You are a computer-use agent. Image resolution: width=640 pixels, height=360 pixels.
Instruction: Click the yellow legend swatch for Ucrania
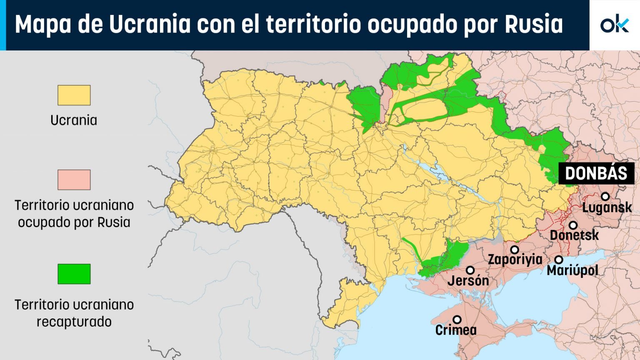pyautogui.click(x=74, y=95)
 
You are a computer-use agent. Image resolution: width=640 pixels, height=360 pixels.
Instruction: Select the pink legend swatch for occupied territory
pyautogui.click(x=74, y=180)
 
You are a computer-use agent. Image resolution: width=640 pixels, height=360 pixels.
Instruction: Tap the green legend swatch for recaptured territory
pyautogui.click(x=74, y=274)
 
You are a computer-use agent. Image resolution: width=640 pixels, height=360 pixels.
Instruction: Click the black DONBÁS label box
pyautogui.click(x=596, y=173)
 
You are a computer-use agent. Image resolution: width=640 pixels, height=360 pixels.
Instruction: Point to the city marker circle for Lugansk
pyautogui.click(x=605, y=196)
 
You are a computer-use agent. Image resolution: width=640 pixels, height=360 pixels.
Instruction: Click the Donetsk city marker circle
pyautogui.click(x=573, y=225)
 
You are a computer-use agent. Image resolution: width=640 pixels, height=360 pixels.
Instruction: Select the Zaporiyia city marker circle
pyautogui.click(x=515, y=250)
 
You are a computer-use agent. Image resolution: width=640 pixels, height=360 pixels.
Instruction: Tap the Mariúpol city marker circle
pyautogui.click(x=559, y=260)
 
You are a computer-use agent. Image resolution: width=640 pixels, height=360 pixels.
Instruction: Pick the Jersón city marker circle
pyautogui.click(x=470, y=270)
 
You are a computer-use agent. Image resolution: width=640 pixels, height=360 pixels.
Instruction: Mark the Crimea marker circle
pyautogui.click(x=457, y=320)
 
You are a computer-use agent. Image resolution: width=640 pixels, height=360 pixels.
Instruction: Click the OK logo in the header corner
pyautogui.click(x=615, y=25)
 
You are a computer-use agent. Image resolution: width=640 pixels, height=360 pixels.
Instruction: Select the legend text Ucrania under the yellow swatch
pyautogui.click(x=74, y=120)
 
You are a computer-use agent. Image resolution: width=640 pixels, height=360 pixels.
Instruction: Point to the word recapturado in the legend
pyautogui.click(x=74, y=322)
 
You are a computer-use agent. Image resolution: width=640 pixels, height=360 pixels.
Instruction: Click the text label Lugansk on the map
pyautogui.click(x=607, y=207)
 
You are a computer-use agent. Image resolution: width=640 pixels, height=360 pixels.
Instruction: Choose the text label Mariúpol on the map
pyautogui.click(x=572, y=271)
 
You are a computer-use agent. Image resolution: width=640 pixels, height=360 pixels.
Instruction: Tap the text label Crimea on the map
pyautogui.click(x=456, y=330)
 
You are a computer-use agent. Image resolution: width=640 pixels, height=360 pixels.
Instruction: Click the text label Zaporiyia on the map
pyautogui.click(x=515, y=260)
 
